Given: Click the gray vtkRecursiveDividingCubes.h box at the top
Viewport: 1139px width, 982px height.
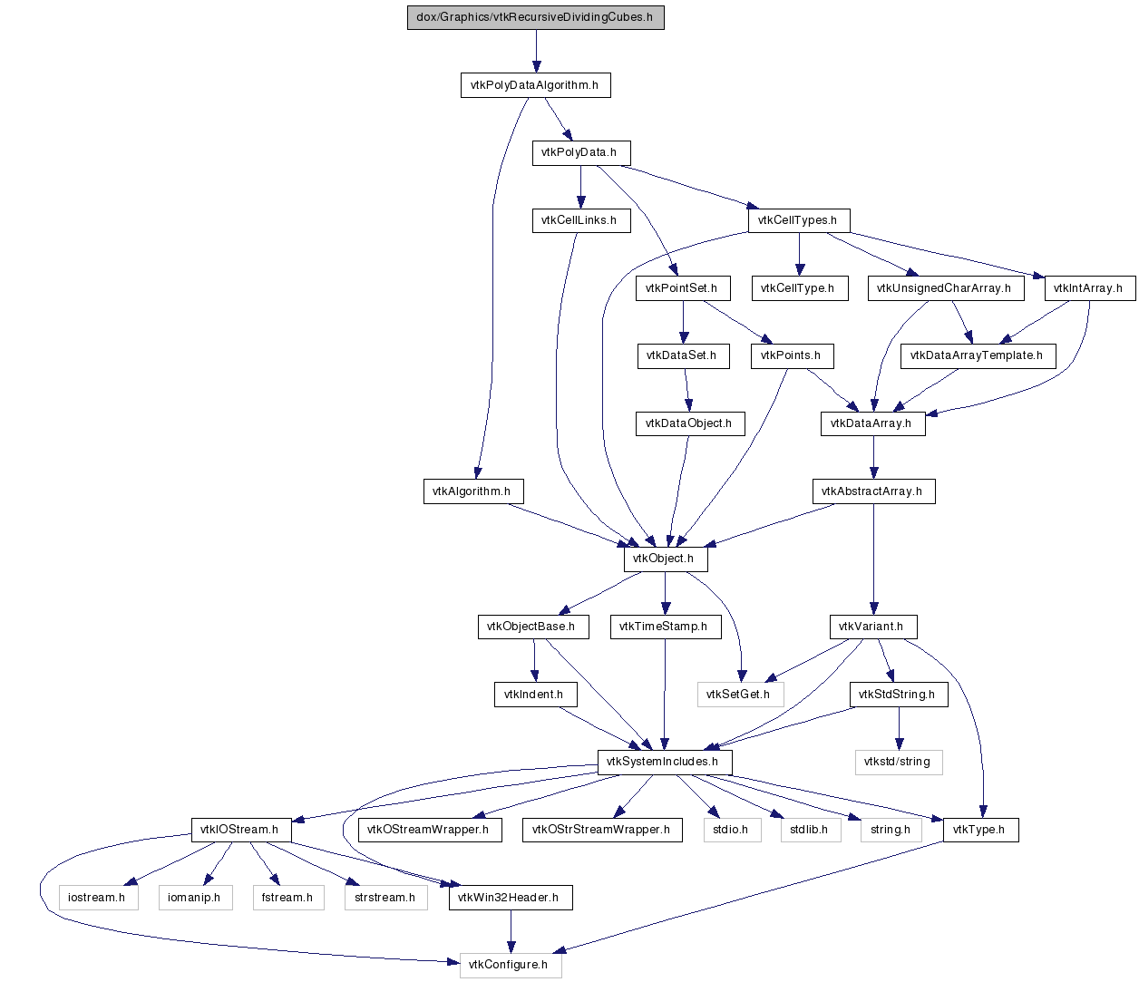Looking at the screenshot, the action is pos(535,17).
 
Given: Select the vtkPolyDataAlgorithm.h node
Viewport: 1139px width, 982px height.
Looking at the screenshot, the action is pos(535,85).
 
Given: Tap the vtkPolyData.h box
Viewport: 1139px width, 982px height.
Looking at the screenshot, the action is pos(580,152).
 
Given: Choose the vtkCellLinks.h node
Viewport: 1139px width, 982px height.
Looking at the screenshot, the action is pos(580,220).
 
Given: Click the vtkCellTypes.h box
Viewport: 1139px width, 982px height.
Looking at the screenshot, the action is pos(798,220).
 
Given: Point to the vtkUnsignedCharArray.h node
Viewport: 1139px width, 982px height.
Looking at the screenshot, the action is pos(945,288).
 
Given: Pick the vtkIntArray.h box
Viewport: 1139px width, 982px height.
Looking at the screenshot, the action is pos(1089,288).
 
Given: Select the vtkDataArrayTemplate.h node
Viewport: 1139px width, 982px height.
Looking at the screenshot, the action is pos(978,356).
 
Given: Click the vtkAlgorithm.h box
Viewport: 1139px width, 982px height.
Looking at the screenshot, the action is pos(472,491).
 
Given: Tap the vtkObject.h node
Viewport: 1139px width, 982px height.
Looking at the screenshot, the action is pos(665,559).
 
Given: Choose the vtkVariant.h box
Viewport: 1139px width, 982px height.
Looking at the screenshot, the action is pos(873,627).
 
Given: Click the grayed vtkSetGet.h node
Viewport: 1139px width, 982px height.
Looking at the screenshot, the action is pos(740,695).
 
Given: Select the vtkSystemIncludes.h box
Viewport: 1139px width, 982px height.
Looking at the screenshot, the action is pos(665,763).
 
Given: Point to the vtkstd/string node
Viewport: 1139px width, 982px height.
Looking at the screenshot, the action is pos(898,763).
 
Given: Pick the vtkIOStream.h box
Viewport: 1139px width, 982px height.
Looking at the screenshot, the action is pos(241,830).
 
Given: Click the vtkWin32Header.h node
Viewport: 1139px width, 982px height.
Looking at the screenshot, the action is pos(511,898).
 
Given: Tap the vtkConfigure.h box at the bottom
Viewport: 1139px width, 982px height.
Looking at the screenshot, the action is pos(511,966).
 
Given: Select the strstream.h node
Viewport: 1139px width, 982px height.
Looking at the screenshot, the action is pos(385,898).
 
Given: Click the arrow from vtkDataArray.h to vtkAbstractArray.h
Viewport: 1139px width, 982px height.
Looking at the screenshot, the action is pos(873,457).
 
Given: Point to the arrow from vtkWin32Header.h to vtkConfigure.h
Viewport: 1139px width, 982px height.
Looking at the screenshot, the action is pos(511,931).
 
